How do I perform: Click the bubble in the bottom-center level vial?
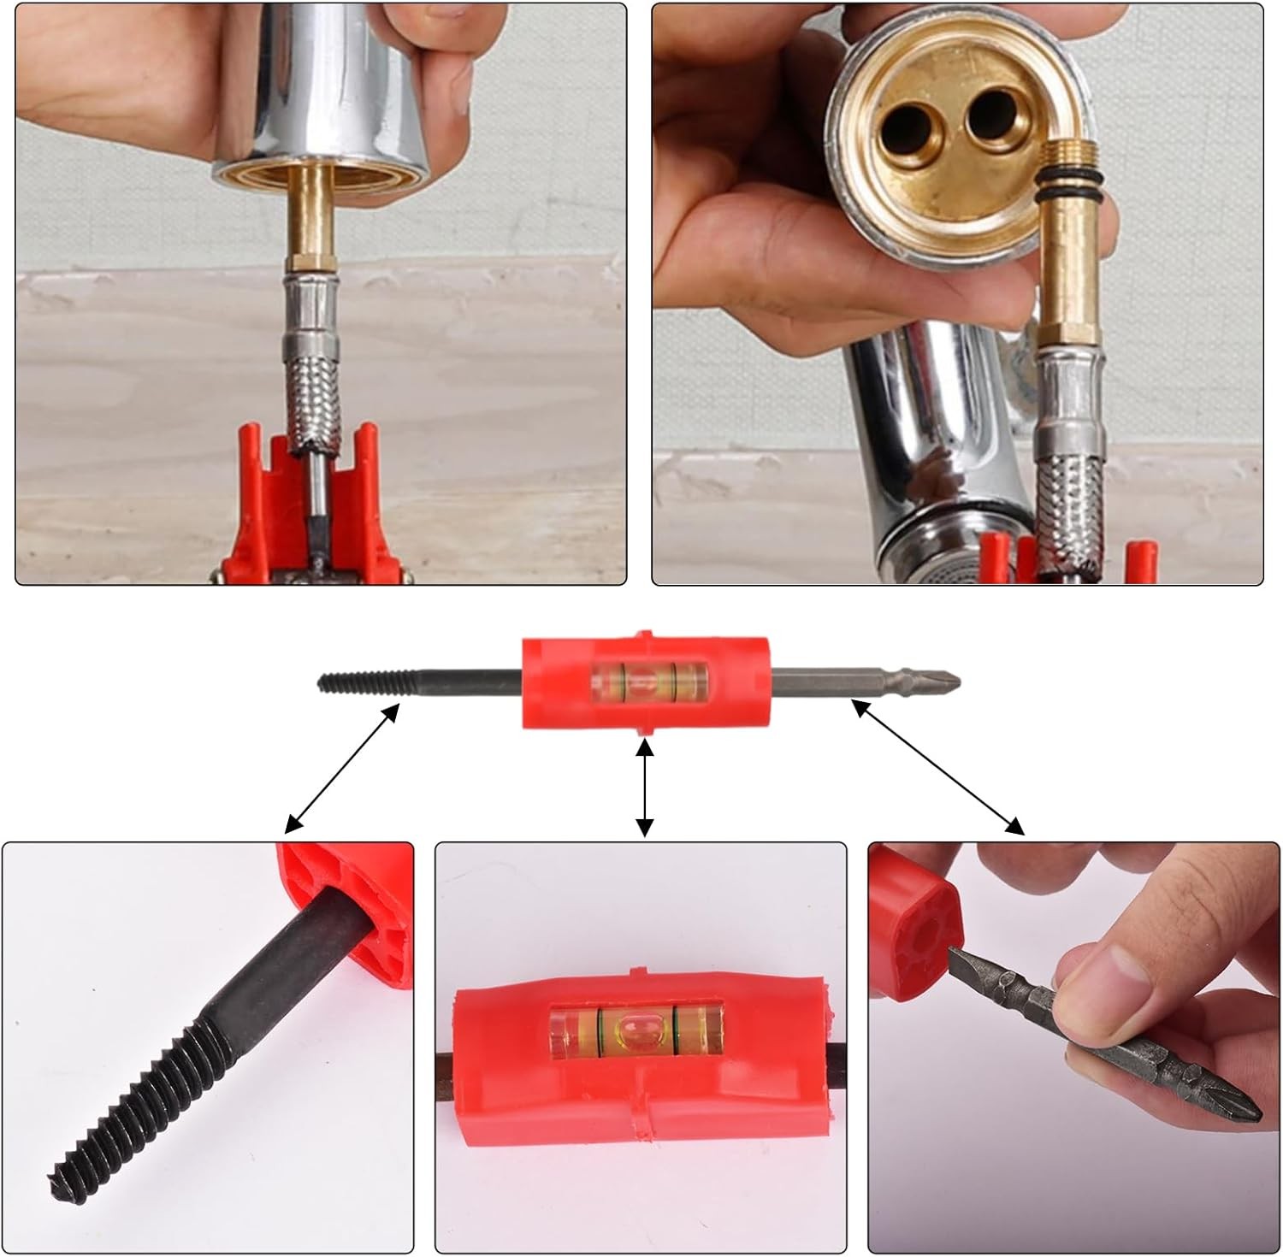pos(638,1029)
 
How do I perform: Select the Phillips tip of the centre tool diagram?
pos(945,682)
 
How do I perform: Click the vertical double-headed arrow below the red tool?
pos(646,788)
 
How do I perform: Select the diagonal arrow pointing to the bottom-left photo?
pos(342,767)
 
